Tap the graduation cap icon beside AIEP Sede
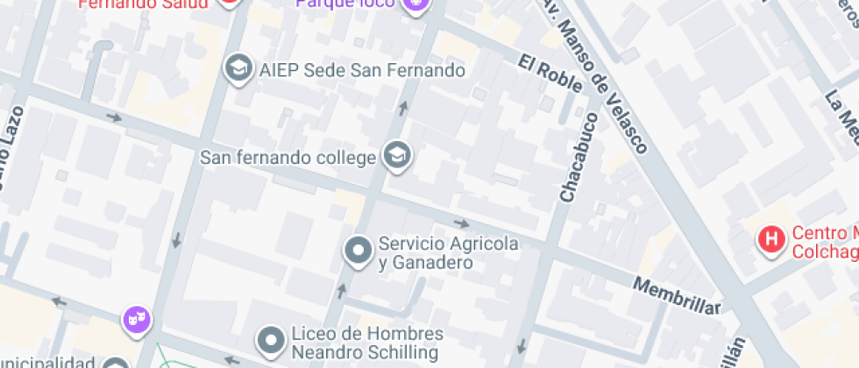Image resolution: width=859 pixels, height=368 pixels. tap(237, 68)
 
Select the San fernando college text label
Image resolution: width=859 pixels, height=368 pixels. tap(288, 159)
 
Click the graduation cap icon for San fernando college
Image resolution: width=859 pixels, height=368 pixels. tap(399, 157)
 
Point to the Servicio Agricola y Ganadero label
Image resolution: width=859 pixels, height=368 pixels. tap(448, 252)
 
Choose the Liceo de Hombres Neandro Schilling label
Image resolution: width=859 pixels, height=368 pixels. tap(366, 343)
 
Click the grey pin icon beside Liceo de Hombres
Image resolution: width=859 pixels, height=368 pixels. tap(272, 341)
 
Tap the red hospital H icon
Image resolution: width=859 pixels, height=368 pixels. tap(771, 238)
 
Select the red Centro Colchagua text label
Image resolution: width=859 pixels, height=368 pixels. tap(825, 243)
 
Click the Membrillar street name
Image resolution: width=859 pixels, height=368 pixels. tap(677, 295)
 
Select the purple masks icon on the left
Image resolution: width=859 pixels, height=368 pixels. tap(136, 318)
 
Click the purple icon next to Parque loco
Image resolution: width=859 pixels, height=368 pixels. tap(415, 5)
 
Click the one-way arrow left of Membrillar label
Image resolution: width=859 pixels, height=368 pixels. tap(461, 224)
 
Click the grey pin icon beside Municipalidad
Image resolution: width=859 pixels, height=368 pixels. tap(116, 363)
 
